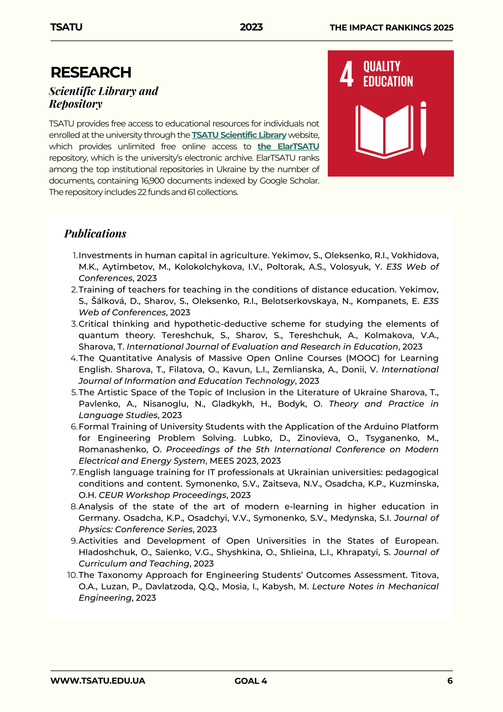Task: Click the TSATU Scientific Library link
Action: [x=239, y=135]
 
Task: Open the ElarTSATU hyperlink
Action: [x=288, y=146]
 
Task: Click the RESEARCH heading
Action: [x=91, y=73]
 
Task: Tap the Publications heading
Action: [x=95, y=233]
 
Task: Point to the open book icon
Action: [x=384, y=131]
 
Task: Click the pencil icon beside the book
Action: [x=423, y=128]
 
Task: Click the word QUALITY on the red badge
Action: [x=382, y=67]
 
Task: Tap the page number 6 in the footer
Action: [x=450, y=681]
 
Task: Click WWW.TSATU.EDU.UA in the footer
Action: [x=98, y=681]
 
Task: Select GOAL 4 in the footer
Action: [x=251, y=681]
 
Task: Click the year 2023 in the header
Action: [x=251, y=27]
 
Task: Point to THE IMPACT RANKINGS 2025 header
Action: [x=391, y=28]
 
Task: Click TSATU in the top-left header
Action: [x=67, y=27]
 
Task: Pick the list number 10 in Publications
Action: [x=72, y=575]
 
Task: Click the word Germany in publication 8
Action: [x=99, y=518]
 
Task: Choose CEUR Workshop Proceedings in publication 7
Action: [x=162, y=495]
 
